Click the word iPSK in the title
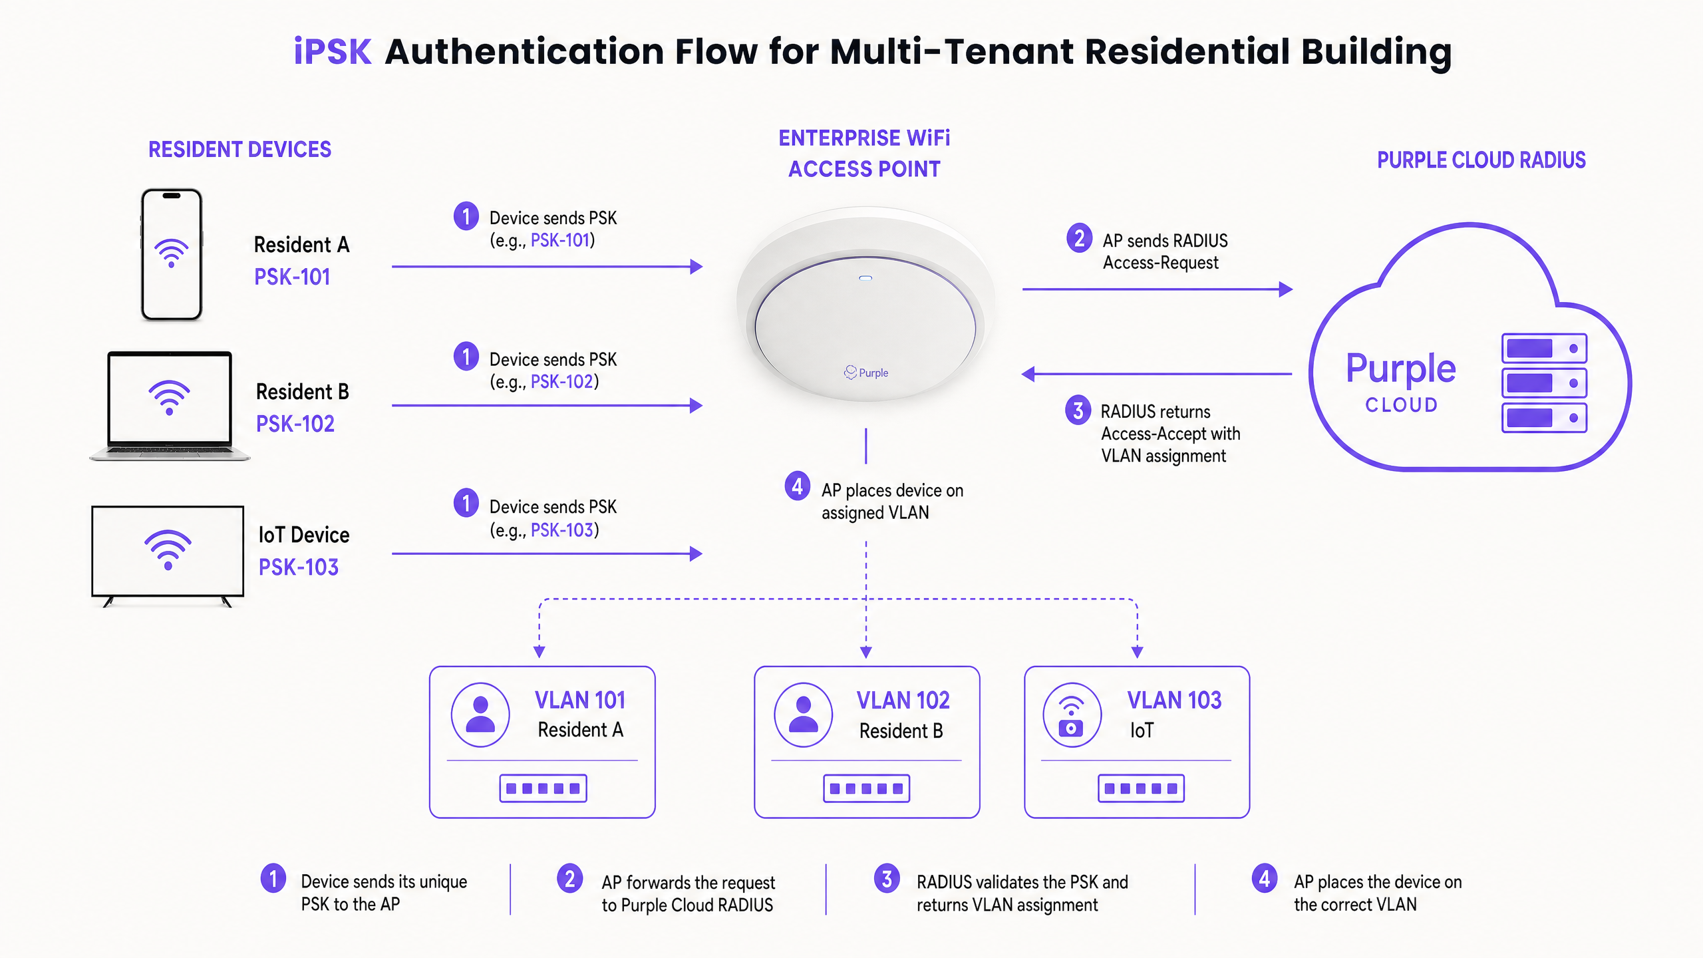click(x=333, y=52)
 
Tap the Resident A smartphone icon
click(x=172, y=255)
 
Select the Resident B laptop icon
click(x=170, y=406)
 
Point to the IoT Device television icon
click(x=168, y=556)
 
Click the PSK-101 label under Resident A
click(x=292, y=277)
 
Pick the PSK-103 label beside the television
click(x=299, y=567)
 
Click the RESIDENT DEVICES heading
click(x=239, y=150)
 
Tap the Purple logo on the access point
click(x=866, y=373)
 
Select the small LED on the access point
click(x=865, y=278)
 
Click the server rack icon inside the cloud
click(x=1544, y=383)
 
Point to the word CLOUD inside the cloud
click(x=1402, y=405)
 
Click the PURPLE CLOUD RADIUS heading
click(x=1481, y=160)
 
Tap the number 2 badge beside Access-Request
click(x=1079, y=238)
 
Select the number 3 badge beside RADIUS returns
click(x=1078, y=410)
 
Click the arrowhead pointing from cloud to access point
click(x=1028, y=374)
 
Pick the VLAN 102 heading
click(x=903, y=701)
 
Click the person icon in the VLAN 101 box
click(x=480, y=715)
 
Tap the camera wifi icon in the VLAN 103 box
click(x=1071, y=716)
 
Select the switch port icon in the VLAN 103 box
click(x=1141, y=788)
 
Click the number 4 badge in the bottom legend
click(x=1265, y=878)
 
